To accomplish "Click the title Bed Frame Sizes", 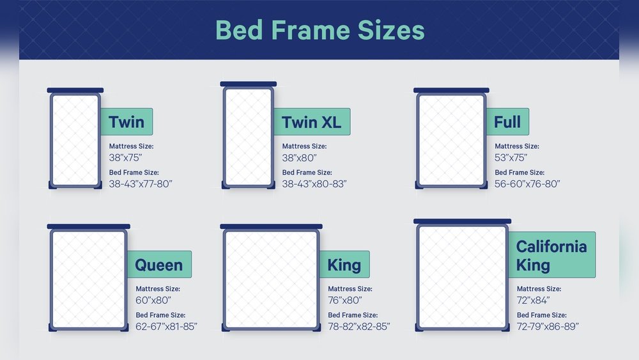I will (319, 30).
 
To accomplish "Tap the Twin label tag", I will (127, 121).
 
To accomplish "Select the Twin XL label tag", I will (312, 121).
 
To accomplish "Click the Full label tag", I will (507, 121).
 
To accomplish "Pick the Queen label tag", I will (159, 264).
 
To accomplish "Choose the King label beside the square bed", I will (344, 264).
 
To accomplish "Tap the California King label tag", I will (551, 254).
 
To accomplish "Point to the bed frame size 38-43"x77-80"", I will (141, 184).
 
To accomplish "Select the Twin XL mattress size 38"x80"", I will (300, 157).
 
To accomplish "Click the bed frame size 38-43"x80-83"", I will (314, 184).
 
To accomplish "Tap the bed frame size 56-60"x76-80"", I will (527, 184).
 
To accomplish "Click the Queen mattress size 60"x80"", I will (153, 300).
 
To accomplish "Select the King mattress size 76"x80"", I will (345, 300).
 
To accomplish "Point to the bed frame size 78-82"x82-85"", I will (359, 326).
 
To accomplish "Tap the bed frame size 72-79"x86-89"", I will (548, 326).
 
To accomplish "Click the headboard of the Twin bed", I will (75, 90).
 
